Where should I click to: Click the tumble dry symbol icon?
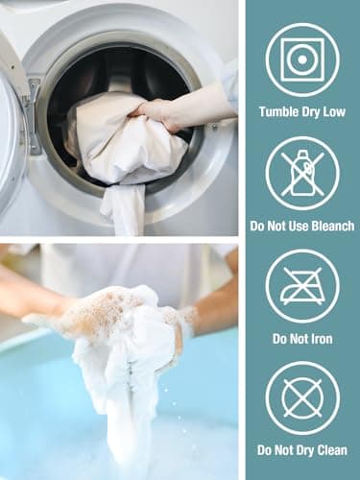(302, 60)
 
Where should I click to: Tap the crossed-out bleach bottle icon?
(302, 173)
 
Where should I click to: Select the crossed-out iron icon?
(302, 286)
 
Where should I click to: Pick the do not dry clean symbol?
(302, 398)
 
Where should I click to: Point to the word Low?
(334, 112)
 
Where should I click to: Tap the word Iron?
(321, 339)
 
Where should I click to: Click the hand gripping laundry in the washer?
(166, 114)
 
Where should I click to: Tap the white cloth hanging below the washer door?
(123, 209)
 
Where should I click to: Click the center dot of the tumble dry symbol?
(301, 60)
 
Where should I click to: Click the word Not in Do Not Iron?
(290, 339)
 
